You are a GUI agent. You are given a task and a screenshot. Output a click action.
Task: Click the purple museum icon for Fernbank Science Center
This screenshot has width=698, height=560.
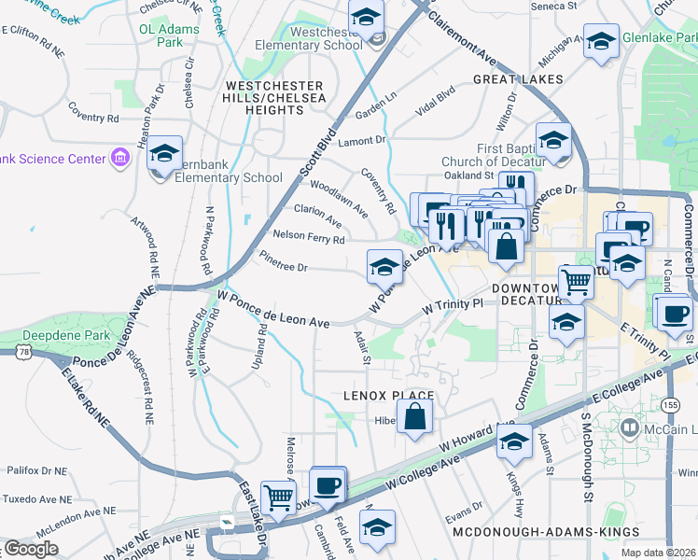tap(120, 160)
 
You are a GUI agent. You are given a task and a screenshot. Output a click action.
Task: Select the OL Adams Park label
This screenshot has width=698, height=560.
tap(170, 35)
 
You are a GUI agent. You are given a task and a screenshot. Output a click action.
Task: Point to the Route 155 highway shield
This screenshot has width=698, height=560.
tap(670, 404)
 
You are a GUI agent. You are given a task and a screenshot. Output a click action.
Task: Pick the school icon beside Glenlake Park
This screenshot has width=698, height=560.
tap(602, 42)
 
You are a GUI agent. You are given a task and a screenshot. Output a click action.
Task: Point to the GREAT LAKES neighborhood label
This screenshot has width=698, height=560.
tap(518, 79)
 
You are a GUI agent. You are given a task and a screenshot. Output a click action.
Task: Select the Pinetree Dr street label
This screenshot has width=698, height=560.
tap(283, 266)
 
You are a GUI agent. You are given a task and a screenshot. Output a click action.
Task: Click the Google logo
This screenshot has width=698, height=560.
tap(31, 549)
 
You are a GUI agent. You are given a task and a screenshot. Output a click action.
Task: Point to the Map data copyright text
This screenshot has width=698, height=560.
tap(658, 553)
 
